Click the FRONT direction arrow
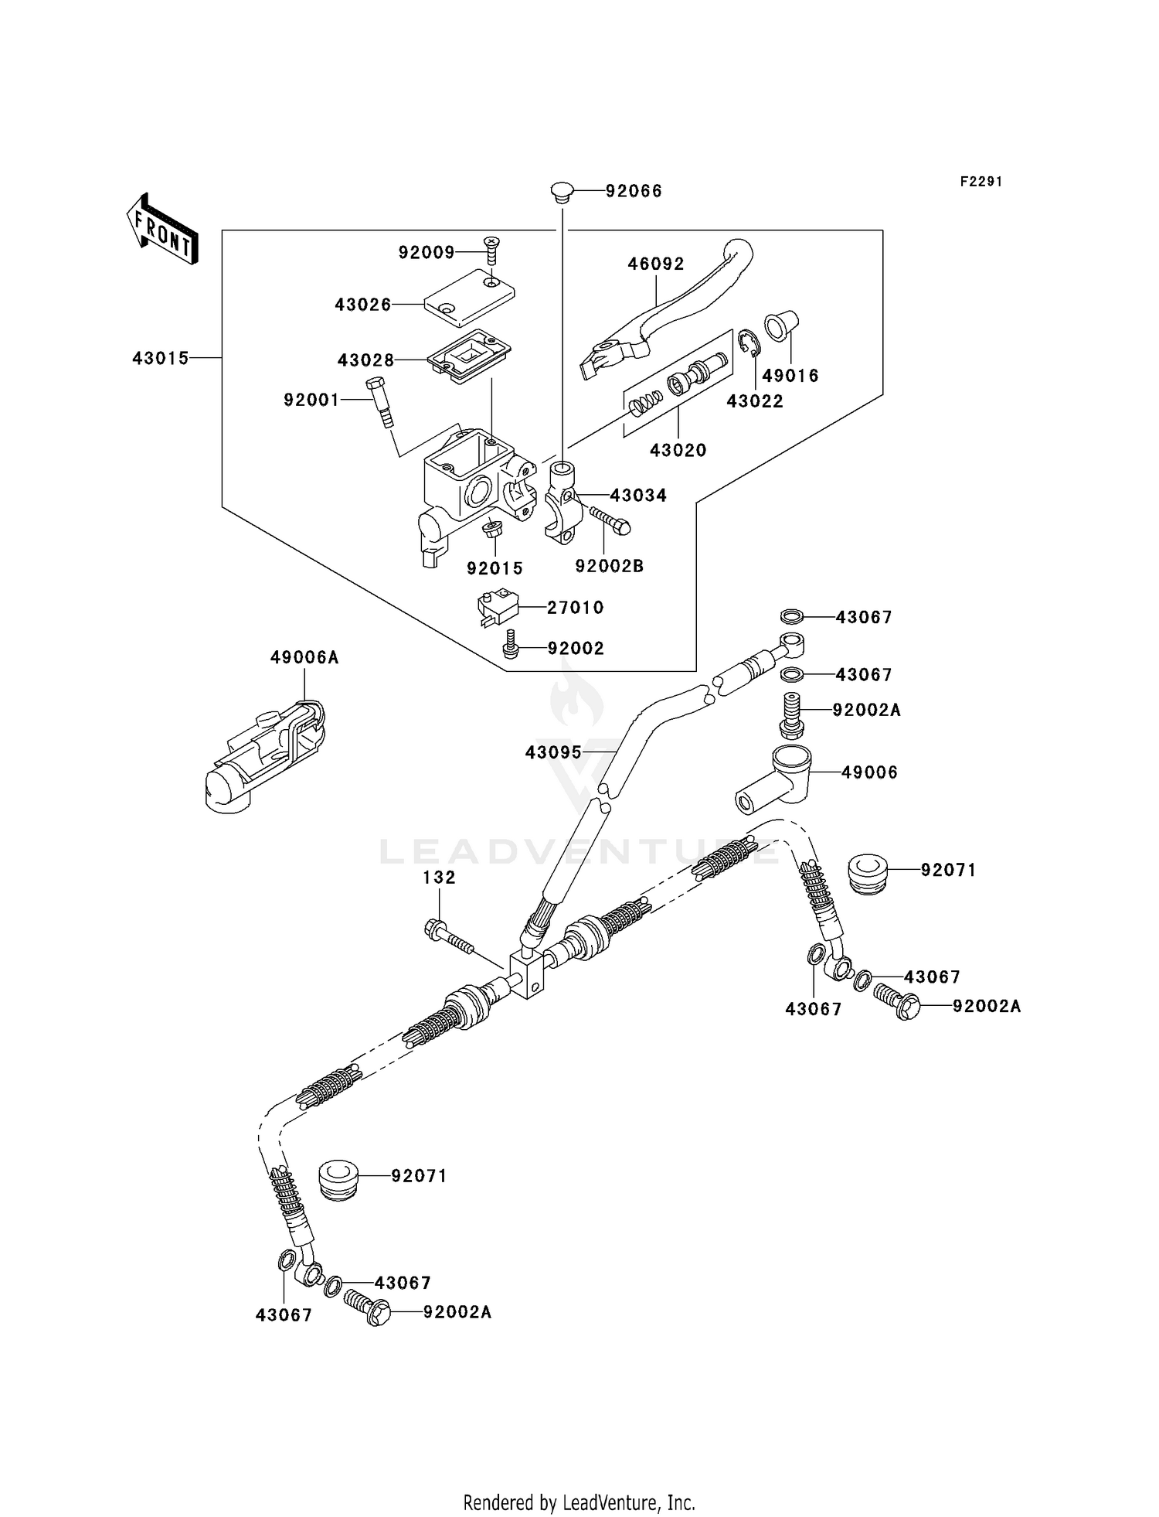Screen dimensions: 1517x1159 click(162, 229)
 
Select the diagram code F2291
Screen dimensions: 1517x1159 click(981, 182)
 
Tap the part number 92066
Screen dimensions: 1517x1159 click(634, 191)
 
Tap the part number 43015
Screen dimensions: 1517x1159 click(160, 359)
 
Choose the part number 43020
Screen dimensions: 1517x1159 click(678, 450)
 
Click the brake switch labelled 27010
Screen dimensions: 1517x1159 click(494, 607)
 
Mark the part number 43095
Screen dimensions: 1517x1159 click(553, 752)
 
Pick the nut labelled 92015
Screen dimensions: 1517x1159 click(491, 532)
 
